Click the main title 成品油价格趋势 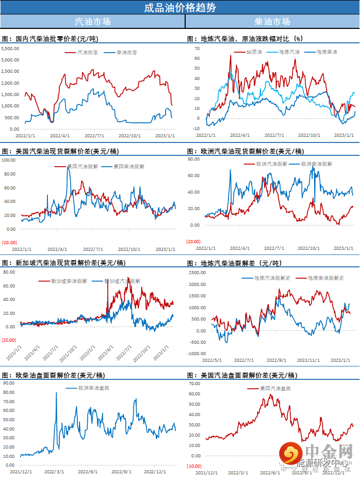click(x=179, y=7)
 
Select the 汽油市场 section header click(x=92, y=22)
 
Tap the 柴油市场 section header click(x=272, y=22)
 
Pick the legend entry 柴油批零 click(x=127, y=52)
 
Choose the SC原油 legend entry click(x=254, y=52)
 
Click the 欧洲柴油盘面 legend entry click(x=93, y=388)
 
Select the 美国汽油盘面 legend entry click(x=275, y=388)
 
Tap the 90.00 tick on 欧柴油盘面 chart click(x=8, y=384)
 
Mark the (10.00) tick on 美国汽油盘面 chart click(x=194, y=466)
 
